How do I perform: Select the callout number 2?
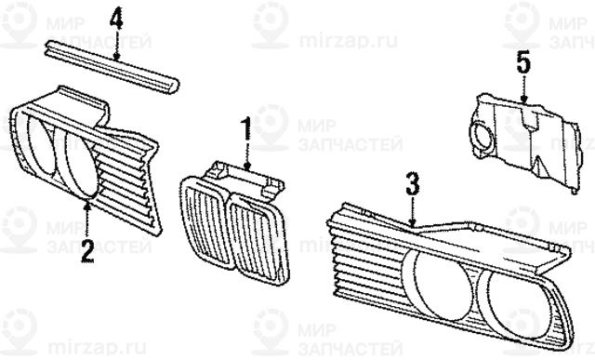tap(87, 251)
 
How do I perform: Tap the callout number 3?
tap(412, 183)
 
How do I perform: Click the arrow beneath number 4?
tap(117, 45)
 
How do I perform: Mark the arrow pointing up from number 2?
tap(87, 220)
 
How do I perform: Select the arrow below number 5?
tap(523, 89)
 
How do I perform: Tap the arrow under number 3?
tap(413, 210)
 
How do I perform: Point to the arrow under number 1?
tap(247, 155)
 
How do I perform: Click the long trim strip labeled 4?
tap(112, 66)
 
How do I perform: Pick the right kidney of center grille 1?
tap(258, 238)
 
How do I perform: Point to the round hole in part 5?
tap(483, 136)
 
